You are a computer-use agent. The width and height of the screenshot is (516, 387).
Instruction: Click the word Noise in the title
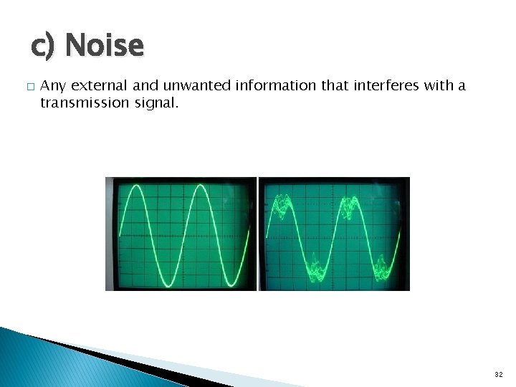104,46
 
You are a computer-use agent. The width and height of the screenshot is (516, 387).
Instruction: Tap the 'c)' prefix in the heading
44,47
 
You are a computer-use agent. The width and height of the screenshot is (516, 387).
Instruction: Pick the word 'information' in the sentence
274,86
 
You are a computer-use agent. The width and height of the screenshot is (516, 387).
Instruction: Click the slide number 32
498,374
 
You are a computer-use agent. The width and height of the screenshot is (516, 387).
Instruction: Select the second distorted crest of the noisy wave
352,204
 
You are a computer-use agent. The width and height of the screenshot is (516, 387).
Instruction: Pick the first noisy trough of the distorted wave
316,268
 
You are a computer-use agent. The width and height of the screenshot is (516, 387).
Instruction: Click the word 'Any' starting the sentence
52,86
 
